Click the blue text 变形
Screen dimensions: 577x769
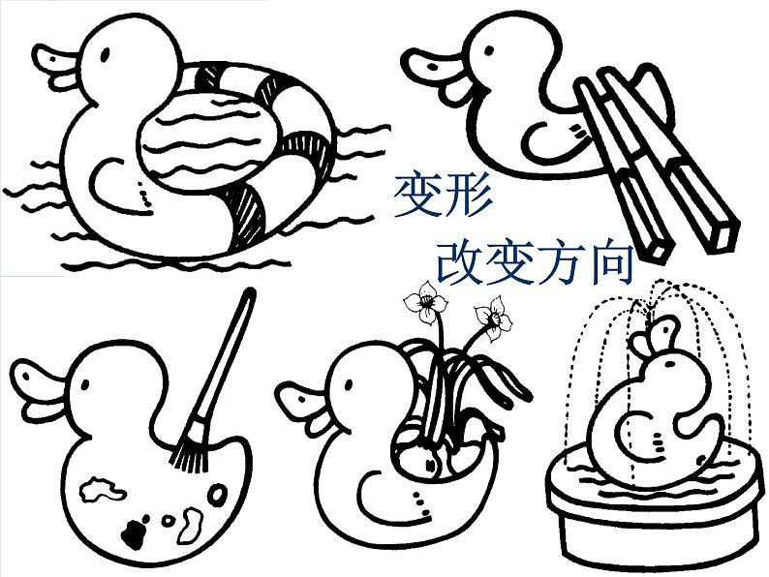point(443,197)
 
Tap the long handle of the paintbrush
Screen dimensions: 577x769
point(225,358)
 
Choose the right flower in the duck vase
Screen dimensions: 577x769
point(493,315)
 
